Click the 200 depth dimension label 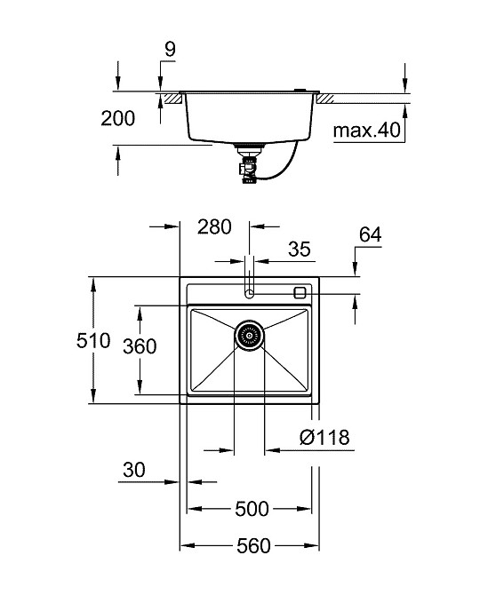coord(117,118)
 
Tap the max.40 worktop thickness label coord(367,132)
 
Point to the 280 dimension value coord(214,227)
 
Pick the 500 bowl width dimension coord(252,509)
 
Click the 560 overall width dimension coord(252,546)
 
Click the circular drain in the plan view coord(250,336)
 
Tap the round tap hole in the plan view coord(250,291)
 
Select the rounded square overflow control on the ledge coord(300,291)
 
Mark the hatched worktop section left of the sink coord(170,95)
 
